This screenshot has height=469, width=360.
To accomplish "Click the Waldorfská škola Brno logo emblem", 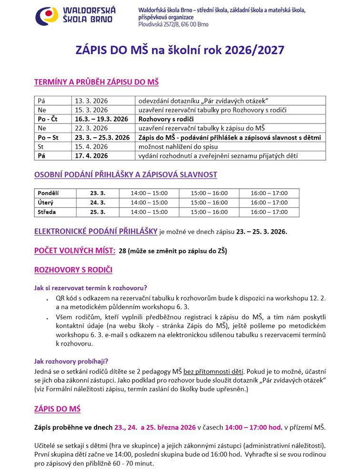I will (46, 16).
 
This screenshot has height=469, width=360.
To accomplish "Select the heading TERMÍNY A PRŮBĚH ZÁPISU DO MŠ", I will (96, 82).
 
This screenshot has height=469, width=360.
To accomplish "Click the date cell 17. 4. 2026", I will (92, 156).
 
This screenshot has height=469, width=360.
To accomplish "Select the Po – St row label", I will (48, 137).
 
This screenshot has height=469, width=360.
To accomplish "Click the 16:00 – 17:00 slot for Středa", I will (269, 212).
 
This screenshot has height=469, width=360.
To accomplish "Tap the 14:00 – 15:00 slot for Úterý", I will (150, 203).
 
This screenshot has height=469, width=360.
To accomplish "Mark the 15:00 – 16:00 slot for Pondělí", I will (209, 193).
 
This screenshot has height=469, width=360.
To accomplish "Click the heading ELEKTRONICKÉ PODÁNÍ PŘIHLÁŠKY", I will (96, 232).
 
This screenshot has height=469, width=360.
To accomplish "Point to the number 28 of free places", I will (122, 251).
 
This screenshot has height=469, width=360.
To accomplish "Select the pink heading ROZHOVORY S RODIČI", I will (73, 270).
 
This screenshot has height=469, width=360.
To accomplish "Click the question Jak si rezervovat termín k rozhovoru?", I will (90, 288).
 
